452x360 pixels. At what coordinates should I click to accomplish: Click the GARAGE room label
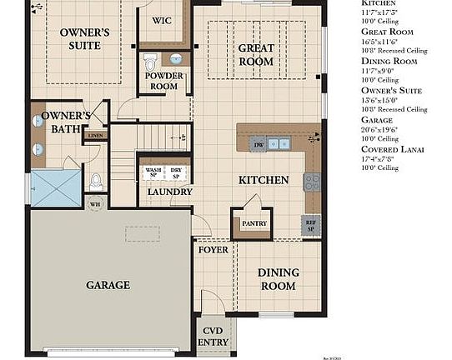(x=108, y=285)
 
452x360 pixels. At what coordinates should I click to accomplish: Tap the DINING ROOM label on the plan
(x=277, y=279)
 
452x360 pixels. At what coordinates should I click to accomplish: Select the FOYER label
(x=213, y=249)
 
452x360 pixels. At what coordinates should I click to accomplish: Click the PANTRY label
(x=254, y=223)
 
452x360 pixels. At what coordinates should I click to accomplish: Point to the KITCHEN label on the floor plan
(x=264, y=180)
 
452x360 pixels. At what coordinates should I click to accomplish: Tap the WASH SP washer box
(x=153, y=173)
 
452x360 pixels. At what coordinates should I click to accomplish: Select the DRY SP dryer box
(x=177, y=173)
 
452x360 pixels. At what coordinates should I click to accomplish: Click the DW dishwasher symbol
(x=259, y=144)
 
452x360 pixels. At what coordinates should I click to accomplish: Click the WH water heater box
(x=95, y=202)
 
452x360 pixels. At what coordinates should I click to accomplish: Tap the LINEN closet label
(x=96, y=134)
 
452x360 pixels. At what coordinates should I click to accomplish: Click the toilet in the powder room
(x=151, y=62)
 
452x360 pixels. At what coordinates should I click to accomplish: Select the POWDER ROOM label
(x=163, y=81)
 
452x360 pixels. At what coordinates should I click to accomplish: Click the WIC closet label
(x=162, y=20)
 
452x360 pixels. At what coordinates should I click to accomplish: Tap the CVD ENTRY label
(x=214, y=336)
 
